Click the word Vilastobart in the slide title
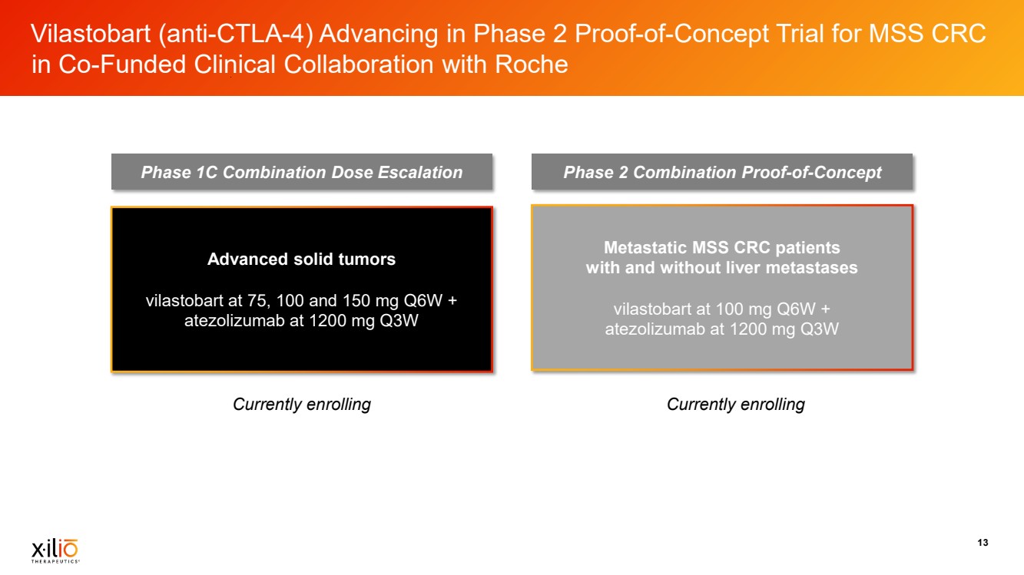[x=91, y=34]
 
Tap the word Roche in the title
[x=531, y=64]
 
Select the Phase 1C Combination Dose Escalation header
[x=302, y=172]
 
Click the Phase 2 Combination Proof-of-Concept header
[x=722, y=172]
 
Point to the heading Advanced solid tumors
[x=301, y=259]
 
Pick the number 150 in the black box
[x=356, y=300]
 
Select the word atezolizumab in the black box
[x=234, y=321]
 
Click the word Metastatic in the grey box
[x=645, y=247]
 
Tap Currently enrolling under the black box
[x=302, y=405]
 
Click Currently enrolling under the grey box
[x=735, y=405]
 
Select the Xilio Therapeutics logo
[x=55, y=550]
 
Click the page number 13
[x=983, y=543]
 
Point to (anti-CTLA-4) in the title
[x=235, y=35]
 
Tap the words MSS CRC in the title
[x=927, y=34]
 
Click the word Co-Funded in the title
[x=121, y=64]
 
